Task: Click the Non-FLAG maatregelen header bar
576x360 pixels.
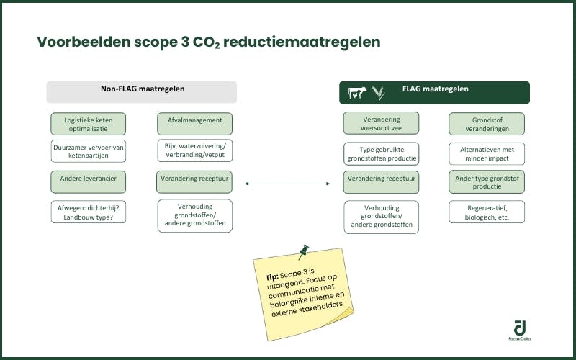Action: [x=142, y=91]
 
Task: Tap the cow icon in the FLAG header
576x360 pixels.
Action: [x=357, y=92]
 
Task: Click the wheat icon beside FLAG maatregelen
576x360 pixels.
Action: [x=379, y=92]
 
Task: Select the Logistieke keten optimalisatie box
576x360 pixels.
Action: [x=88, y=124]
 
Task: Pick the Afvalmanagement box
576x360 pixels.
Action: [x=194, y=121]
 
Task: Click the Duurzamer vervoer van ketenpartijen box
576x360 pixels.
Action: [x=88, y=151]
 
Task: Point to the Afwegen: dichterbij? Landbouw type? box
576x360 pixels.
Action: [x=88, y=212]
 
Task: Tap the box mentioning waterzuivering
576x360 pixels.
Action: [x=194, y=151]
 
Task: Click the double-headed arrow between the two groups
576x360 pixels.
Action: [x=287, y=184]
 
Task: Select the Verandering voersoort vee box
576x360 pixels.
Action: [x=381, y=124]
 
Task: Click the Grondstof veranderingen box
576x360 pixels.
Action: [x=487, y=124]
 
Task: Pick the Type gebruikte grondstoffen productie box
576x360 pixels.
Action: [x=381, y=153]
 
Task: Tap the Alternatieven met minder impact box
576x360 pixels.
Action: [x=487, y=153]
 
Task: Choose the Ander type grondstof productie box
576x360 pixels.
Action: [x=487, y=181]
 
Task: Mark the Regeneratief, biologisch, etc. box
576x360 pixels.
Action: [x=487, y=212]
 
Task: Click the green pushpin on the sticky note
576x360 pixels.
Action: [x=303, y=251]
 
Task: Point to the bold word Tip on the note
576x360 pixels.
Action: [x=271, y=277]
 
